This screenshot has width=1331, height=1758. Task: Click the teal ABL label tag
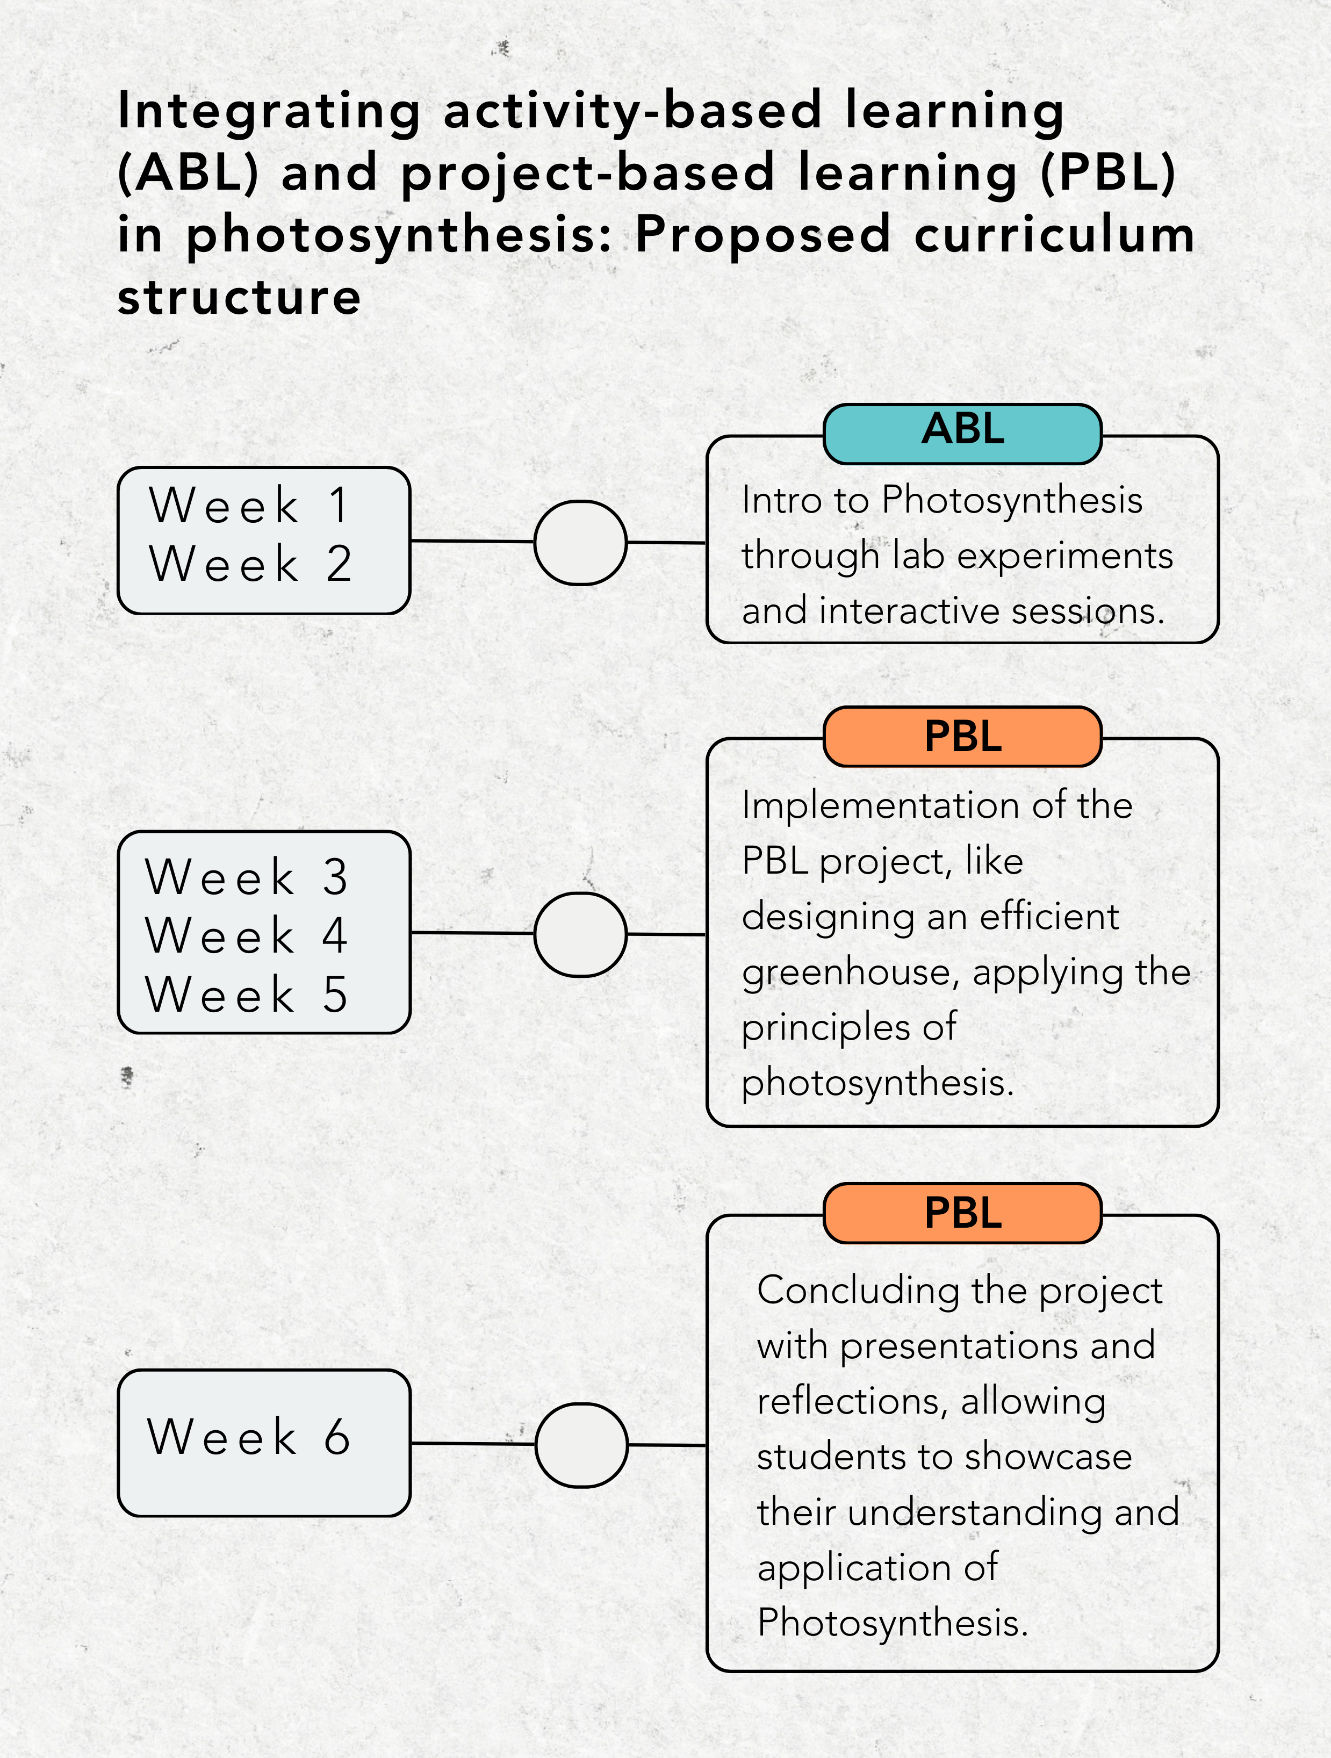coord(962,433)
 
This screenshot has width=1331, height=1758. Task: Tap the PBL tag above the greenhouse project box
coord(962,736)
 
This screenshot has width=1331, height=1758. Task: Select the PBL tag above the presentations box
coord(962,1213)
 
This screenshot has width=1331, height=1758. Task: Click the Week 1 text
coord(249,506)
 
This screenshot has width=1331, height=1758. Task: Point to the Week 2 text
coord(249,564)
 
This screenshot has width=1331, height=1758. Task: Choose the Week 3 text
coord(246,877)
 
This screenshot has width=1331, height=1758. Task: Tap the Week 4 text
coord(246,935)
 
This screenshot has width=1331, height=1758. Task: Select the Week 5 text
coord(246,994)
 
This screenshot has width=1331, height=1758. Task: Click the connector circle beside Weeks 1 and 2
coord(580,543)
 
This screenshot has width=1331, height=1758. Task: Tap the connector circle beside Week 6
coord(581,1445)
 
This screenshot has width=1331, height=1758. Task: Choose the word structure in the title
coord(239,297)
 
